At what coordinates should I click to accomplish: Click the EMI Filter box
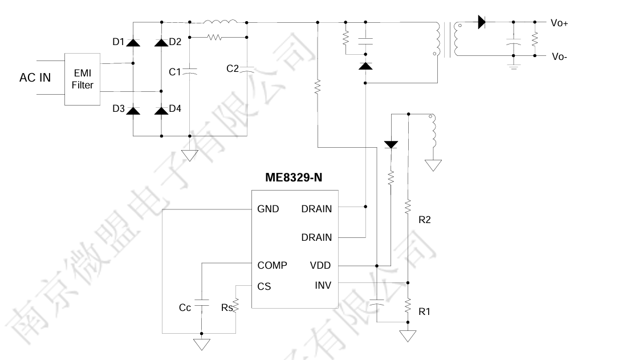pos(82,79)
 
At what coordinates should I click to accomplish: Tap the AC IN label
pos(35,78)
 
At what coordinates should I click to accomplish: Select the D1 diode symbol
pos(133,42)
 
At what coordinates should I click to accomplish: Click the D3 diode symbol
pos(133,110)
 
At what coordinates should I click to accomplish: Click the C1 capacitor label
pos(175,72)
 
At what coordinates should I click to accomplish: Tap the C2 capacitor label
pos(233,68)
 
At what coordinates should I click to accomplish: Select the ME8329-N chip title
pos(294,177)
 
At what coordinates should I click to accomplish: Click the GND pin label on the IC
pos(268,209)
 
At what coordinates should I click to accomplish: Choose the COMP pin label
pos(272,265)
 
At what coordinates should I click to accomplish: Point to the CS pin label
pos(264,286)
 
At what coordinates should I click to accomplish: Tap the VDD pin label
pos(320,265)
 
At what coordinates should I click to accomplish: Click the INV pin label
pos(323,285)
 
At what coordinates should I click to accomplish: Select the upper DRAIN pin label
pos(316,209)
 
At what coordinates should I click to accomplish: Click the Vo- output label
pos(558,56)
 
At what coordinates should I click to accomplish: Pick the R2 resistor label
pos(424,220)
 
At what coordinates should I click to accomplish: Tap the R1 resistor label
pos(424,312)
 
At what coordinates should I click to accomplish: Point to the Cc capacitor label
pos(185,308)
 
